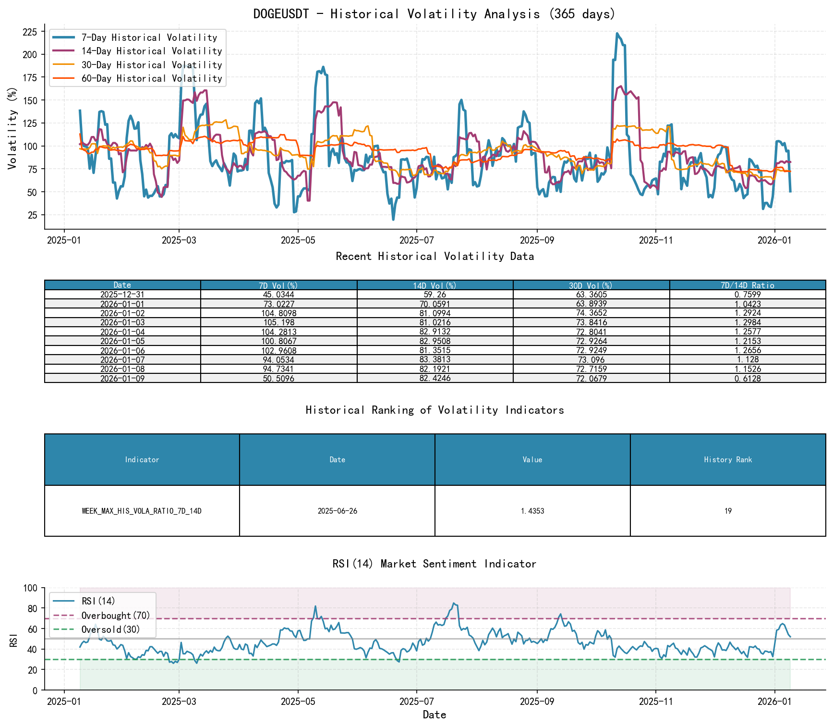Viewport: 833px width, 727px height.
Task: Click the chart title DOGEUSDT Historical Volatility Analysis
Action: [x=434, y=14]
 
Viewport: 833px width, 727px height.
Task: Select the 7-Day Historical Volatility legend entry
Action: [x=149, y=37]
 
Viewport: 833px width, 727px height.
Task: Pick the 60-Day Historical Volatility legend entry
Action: [x=151, y=78]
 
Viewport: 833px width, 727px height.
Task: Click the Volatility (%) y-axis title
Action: [x=12, y=128]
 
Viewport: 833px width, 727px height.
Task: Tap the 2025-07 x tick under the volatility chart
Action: [x=416, y=240]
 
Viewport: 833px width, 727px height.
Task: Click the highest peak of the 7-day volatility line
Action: [x=617, y=34]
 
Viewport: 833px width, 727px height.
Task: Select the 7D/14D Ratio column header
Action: [x=747, y=285]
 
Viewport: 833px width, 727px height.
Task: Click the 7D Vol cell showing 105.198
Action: [x=278, y=322]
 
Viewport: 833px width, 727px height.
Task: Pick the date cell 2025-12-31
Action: [x=122, y=295]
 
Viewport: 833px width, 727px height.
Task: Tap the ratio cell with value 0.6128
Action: [x=747, y=378]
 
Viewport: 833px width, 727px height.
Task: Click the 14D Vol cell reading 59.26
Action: [x=435, y=295]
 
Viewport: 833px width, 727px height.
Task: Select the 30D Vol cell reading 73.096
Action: [x=591, y=360]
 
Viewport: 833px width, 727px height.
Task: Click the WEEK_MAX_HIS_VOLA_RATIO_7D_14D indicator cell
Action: [x=142, y=511]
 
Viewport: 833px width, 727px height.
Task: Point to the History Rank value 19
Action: [x=728, y=511]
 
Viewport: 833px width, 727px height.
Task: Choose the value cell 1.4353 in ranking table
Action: [x=532, y=511]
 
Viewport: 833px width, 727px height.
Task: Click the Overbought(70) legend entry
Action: [x=115, y=616]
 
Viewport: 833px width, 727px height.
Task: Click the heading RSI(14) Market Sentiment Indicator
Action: [x=434, y=564]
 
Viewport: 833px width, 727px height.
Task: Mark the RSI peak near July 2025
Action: [x=454, y=603]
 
